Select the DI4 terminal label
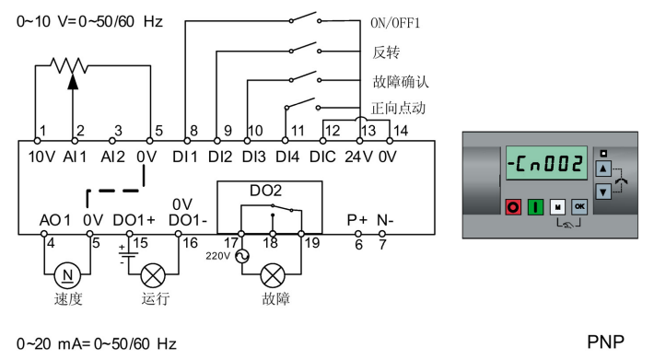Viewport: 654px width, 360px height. [287, 157]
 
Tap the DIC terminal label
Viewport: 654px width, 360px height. [322, 157]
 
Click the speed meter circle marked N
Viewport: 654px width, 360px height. [64, 274]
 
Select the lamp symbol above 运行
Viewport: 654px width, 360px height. [153, 274]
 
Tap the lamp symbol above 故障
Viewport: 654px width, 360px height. [272, 274]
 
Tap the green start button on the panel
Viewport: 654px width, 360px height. [534, 208]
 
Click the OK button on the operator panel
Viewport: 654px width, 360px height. [578, 208]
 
